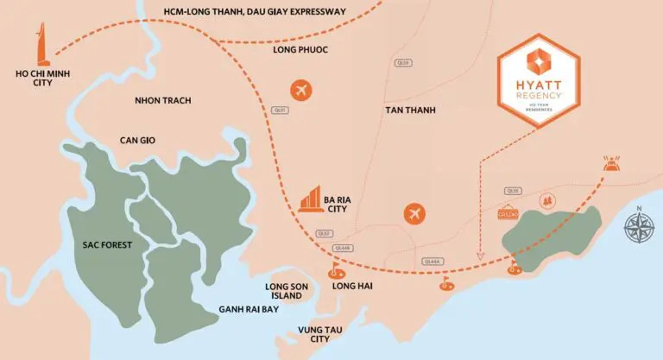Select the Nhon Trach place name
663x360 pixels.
pyautogui.click(x=162, y=101)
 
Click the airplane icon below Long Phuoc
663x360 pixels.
pyautogui.click(x=301, y=89)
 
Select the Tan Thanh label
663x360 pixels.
pyautogui.click(x=411, y=111)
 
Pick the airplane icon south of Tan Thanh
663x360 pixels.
pyautogui.click(x=414, y=213)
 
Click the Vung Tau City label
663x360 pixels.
pyautogui.click(x=308, y=333)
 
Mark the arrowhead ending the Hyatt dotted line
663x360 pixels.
pyautogui.click(x=480, y=256)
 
